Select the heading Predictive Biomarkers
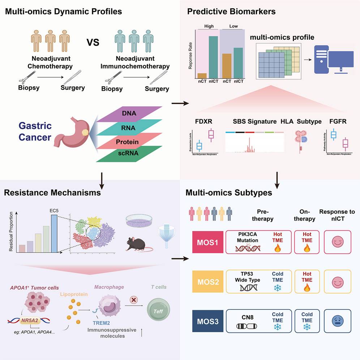click(x=231, y=12)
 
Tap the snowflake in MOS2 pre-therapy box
click(x=278, y=287)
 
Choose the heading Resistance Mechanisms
click(x=52, y=192)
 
